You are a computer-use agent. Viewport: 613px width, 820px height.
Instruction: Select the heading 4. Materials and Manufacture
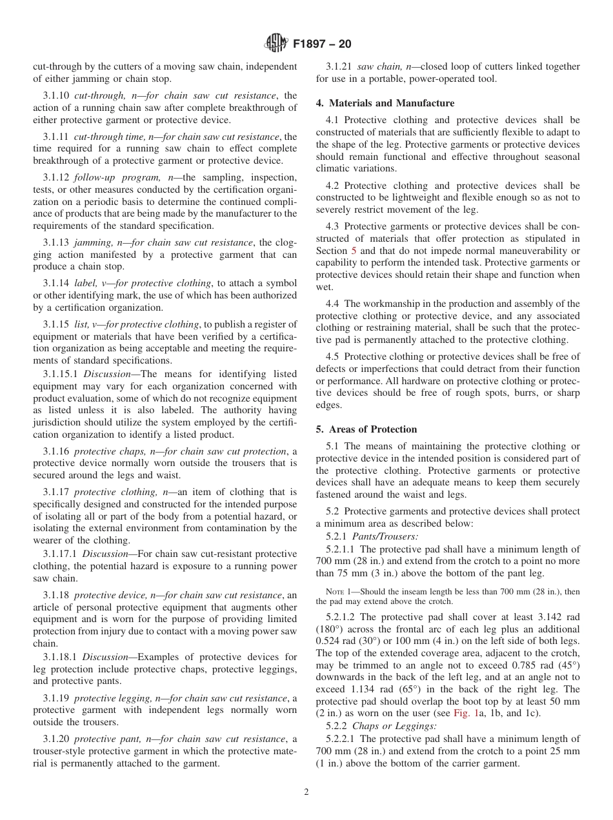[385, 103]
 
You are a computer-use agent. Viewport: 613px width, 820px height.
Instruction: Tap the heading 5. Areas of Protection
[366, 429]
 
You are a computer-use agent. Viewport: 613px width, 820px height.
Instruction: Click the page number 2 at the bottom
[306, 792]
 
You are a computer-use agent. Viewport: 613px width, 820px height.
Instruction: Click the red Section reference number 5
[353, 251]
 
